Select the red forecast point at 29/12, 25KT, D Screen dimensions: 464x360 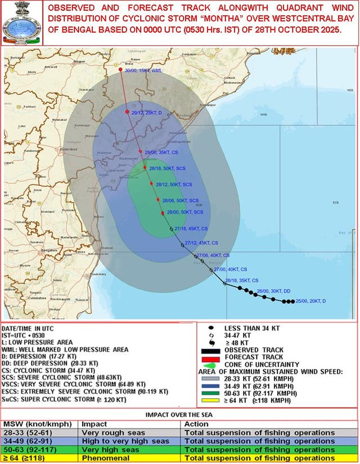[127, 112]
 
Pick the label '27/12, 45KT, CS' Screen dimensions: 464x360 [201, 242]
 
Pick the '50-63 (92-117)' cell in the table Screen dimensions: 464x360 [26, 449]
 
